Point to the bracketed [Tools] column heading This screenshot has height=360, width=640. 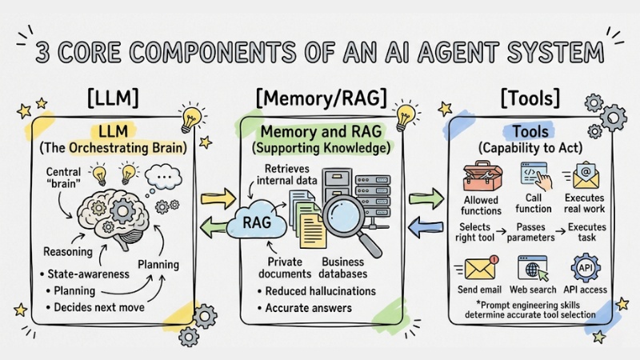530,98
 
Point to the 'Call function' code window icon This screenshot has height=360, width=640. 535,174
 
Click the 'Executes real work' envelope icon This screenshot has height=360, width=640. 586,174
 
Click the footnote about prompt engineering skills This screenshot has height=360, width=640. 533,310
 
